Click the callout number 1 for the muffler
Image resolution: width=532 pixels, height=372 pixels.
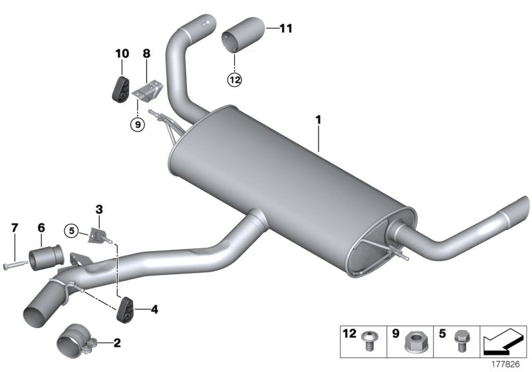(x=319, y=120)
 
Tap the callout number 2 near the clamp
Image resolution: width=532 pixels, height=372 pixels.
(x=118, y=343)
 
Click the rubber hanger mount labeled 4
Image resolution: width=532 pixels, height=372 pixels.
(x=125, y=310)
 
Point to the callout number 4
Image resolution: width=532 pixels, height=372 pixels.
(x=154, y=309)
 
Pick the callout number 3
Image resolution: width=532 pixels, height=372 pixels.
(x=98, y=209)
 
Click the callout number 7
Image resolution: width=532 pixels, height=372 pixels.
(x=14, y=229)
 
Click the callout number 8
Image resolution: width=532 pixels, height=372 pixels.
(x=146, y=52)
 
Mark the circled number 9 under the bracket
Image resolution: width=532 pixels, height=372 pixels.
(x=136, y=124)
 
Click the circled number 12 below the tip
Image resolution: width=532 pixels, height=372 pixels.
(x=235, y=80)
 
